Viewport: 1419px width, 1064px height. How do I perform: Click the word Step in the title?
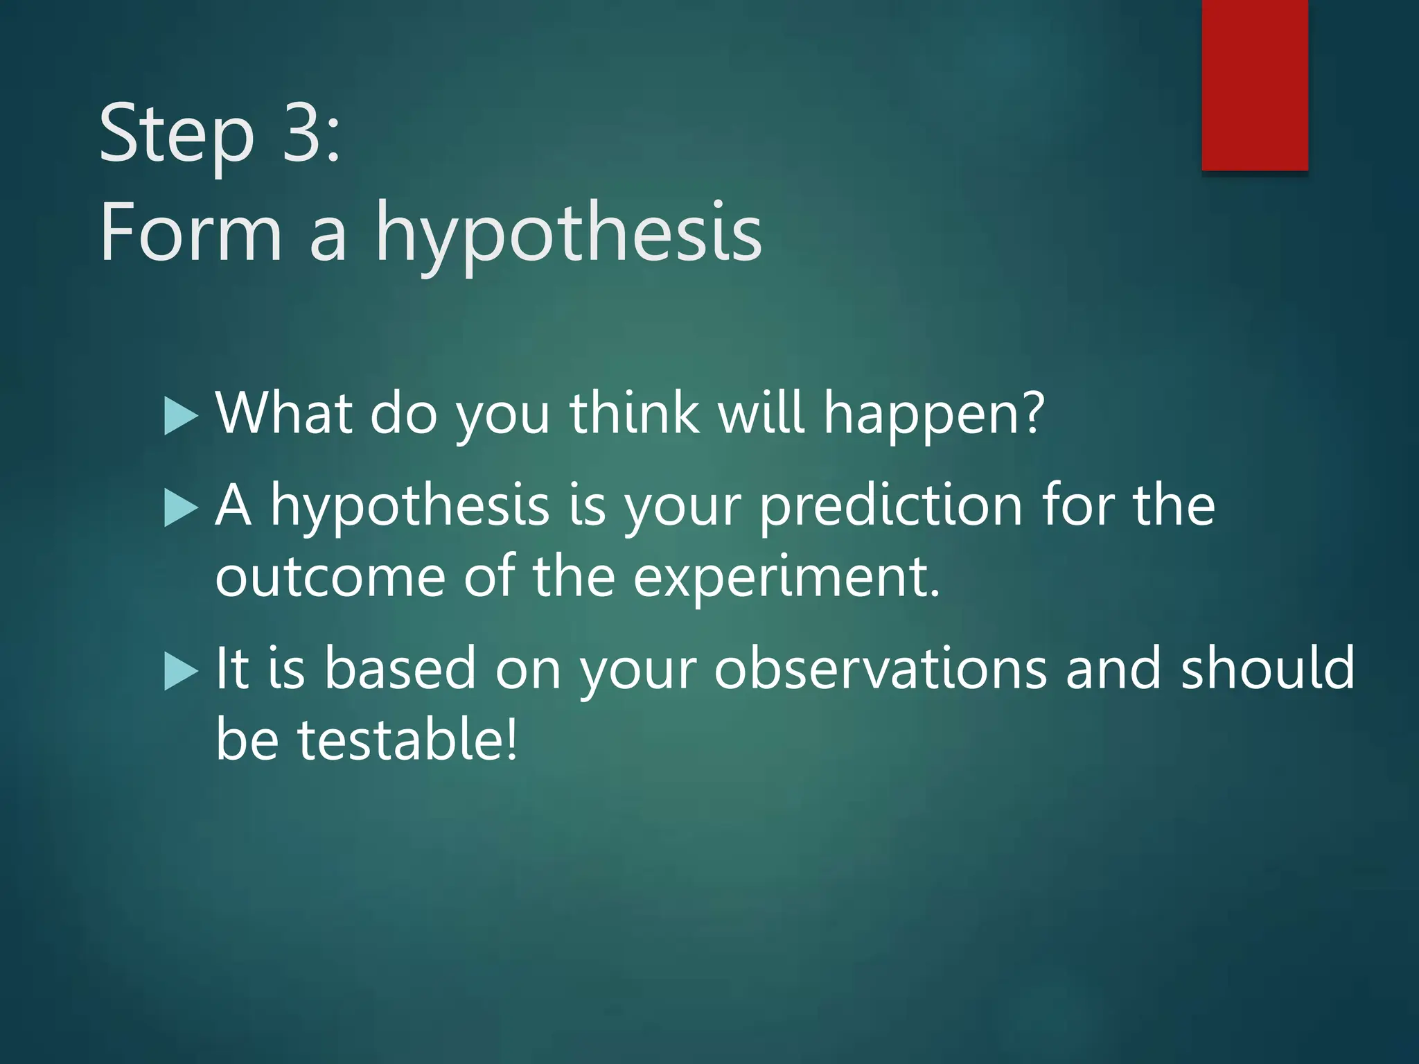pos(177,133)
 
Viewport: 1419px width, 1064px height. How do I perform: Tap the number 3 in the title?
pos(303,132)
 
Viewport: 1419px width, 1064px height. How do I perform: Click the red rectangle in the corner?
pos(1255,85)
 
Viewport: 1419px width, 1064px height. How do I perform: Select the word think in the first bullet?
pos(634,413)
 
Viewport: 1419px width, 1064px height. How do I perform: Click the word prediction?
pos(890,506)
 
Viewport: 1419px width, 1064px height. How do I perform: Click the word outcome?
pos(330,577)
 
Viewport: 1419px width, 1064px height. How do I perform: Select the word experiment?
pos(786,577)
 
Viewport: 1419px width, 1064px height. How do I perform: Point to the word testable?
pos(407,740)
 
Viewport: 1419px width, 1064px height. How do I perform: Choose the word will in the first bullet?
pos(761,413)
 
